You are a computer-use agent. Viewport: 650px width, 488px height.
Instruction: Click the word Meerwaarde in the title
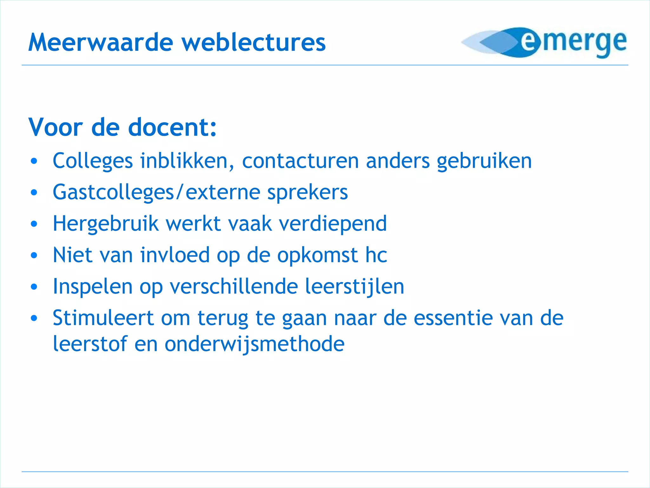[x=101, y=43]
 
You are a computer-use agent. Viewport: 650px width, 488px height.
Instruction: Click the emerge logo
[x=544, y=43]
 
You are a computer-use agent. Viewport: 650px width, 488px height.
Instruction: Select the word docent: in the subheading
[x=172, y=127]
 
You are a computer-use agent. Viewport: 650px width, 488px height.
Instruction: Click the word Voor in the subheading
[x=56, y=127]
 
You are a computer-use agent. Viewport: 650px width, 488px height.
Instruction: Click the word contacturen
[x=300, y=161]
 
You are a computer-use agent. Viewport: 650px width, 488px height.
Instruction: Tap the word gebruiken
[x=484, y=161]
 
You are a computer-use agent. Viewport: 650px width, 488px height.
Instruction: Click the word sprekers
[x=308, y=193]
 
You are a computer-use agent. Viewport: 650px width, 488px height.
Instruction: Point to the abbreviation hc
[x=376, y=255]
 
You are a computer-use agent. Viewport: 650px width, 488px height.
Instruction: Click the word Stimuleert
[x=103, y=318]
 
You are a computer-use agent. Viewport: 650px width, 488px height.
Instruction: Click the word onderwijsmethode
[x=254, y=344]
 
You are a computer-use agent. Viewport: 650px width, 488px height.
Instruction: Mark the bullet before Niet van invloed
[x=34, y=255]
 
